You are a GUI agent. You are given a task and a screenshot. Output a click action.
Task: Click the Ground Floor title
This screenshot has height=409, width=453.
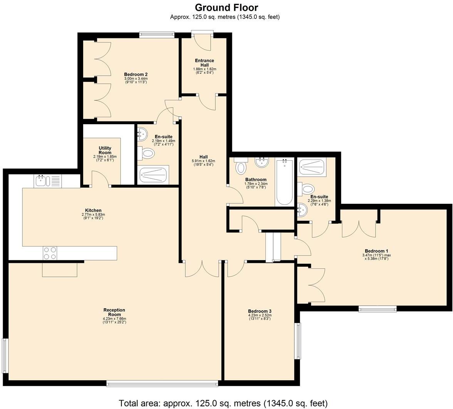tap(226, 7)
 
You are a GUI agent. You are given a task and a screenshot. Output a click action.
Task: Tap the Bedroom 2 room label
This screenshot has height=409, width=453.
tap(136, 75)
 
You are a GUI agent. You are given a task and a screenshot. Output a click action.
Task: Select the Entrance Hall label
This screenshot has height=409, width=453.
tap(204, 63)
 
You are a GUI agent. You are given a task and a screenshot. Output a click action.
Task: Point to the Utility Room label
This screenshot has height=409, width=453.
tap(105, 150)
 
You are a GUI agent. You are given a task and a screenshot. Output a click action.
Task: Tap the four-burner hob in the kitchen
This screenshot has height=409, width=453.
tap(50, 253)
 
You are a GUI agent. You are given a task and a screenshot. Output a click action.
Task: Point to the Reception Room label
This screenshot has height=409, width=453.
tap(114, 312)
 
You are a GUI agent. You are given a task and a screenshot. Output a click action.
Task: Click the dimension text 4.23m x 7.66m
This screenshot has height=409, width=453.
tap(114, 319)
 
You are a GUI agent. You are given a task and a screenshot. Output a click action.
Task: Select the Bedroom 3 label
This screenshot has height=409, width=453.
tap(260, 311)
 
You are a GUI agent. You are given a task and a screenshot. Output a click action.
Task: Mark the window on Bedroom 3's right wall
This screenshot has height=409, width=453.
tap(297, 341)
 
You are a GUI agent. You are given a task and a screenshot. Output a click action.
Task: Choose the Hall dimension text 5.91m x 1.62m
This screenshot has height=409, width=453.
tap(203, 161)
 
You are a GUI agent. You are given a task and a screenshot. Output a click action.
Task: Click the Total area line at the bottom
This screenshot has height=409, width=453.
tap(223, 403)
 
